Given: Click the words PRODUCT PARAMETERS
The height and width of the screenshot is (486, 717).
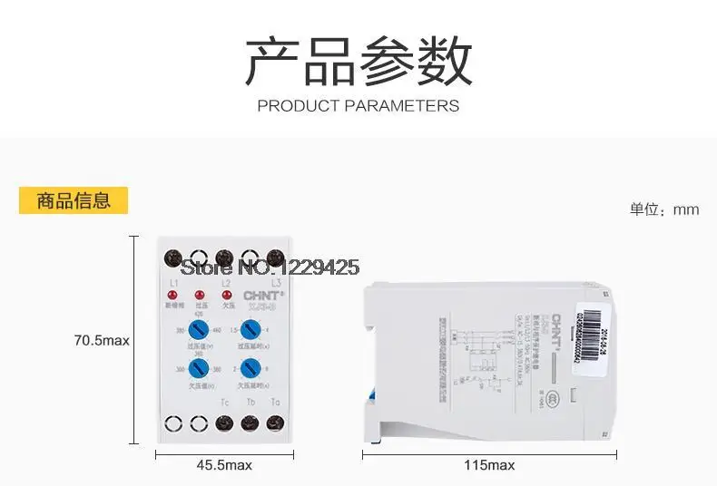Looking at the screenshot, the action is [x=358, y=106].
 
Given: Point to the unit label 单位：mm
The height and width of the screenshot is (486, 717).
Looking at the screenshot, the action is [x=665, y=209].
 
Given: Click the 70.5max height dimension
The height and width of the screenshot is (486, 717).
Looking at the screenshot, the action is [x=102, y=341].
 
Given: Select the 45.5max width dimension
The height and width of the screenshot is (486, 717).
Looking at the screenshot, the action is [x=223, y=465].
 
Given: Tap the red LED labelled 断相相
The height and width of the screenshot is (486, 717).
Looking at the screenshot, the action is [x=173, y=296].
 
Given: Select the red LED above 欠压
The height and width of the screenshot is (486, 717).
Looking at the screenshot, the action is [x=223, y=296].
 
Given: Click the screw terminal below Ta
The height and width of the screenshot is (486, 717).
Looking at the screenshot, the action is [x=274, y=422].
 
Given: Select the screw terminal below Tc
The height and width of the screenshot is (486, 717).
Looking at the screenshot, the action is [x=223, y=422].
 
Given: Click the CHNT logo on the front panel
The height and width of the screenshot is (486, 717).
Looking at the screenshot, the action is [x=261, y=295].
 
